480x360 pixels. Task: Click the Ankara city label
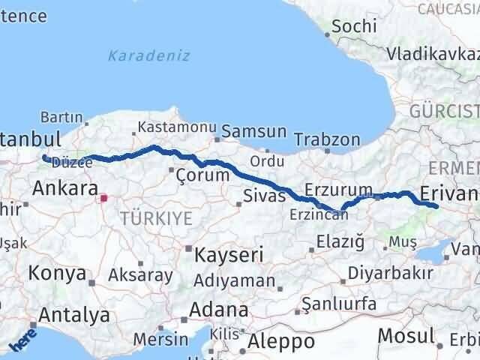coord(64,187)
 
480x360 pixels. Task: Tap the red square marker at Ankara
coord(104,199)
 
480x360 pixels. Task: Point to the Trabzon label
coord(327,139)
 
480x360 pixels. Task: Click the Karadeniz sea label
coord(148,55)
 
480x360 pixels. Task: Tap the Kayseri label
coord(228,255)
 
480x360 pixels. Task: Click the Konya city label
coord(58,274)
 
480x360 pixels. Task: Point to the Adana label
coord(219,309)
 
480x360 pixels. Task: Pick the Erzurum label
coord(339,189)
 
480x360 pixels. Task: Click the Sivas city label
coord(264,196)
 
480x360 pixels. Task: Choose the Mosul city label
coord(406,335)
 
